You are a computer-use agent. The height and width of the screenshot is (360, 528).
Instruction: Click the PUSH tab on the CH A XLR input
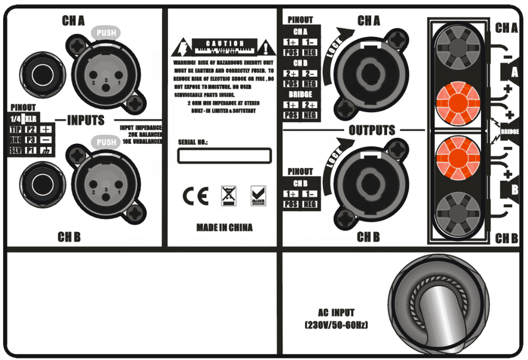point(106,33)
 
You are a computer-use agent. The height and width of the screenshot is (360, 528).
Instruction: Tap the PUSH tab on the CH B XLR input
point(106,143)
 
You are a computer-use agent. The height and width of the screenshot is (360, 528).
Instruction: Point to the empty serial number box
point(224,156)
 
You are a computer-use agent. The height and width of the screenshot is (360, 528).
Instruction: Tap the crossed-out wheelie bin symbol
point(228,196)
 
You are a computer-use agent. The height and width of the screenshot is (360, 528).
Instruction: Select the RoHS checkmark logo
point(257,196)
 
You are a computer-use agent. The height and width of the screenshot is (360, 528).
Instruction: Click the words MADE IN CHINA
point(224,227)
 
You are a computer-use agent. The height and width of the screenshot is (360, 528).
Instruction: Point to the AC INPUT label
point(336,313)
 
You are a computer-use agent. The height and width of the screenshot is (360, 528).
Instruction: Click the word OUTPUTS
point(372,130)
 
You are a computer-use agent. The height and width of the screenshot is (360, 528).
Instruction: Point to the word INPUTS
point(85,120)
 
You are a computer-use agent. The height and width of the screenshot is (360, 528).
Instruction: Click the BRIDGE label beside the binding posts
point(510,132)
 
